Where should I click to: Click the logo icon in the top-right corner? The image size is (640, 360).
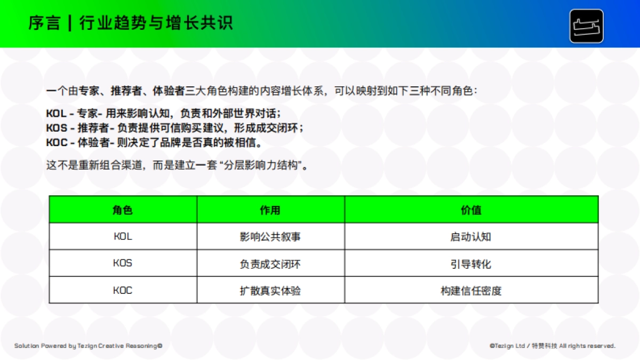tap(586, 26)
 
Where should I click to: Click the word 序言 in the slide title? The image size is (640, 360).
tap(44, 23)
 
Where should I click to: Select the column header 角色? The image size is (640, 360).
tap(123, 210)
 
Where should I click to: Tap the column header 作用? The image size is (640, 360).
tap(270, 210)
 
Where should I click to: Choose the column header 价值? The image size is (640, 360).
tap(471, 210)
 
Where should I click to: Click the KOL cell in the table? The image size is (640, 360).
tap(123, 236)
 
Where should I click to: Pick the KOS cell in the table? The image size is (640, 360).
tap(123, 263)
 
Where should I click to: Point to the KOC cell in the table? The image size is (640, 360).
tap(123, 291)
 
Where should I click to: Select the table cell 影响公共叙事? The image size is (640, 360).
tap(270, 237)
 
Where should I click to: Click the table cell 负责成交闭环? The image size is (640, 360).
tap(270, 264)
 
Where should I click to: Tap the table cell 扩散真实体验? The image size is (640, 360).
tap(270, 291)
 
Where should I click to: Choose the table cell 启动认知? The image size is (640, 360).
tap(471, 237)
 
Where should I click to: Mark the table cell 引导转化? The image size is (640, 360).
tap(471, 264)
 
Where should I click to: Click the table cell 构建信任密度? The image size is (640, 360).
tap(471, 291)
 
